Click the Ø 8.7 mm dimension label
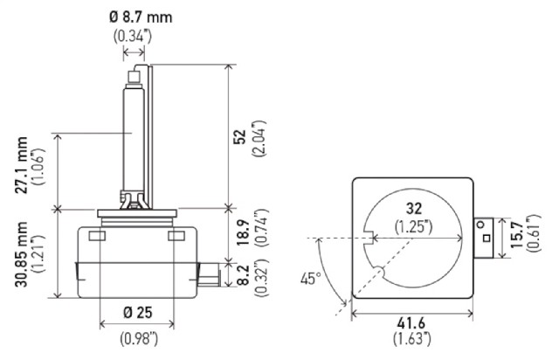click(x=141, y=17)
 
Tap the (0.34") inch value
click(x=133, y=37)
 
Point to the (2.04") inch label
click(x=259, y=138)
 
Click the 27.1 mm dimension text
click(x=21, y=165)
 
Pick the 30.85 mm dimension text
click(x=21, y=254)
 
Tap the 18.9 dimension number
click(x=243, y=232)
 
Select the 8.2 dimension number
click(x=243, y=275)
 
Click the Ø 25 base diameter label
click(x=138, y=313)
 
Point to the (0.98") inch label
click(x=139, y=338)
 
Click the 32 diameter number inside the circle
click(x=413, y=208)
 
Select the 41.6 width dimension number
click(x=411, y=323)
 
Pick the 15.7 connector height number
click(x=516, y=235)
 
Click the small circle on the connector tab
click(x=481, y=225)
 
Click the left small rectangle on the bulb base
click(x=97, y=235)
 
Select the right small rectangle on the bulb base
click(x=176, y=235)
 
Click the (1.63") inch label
click(x=412, y=338)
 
